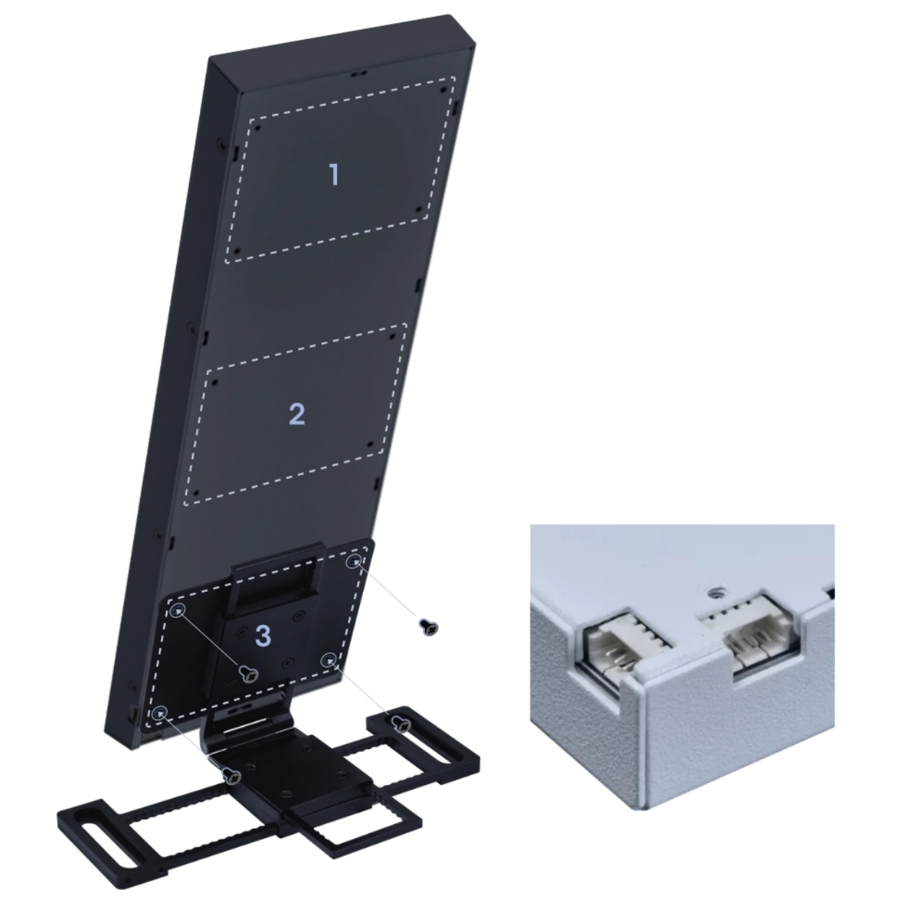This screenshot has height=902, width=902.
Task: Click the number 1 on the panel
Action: [x=334, y=174]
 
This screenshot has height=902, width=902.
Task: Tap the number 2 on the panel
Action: [x=297, y=414]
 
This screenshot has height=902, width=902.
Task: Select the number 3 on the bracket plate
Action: [x=263, y=636]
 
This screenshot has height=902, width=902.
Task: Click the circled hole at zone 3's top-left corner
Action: [x=178, y=610]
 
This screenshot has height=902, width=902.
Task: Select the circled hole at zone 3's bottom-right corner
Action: [x=329, y=659]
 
